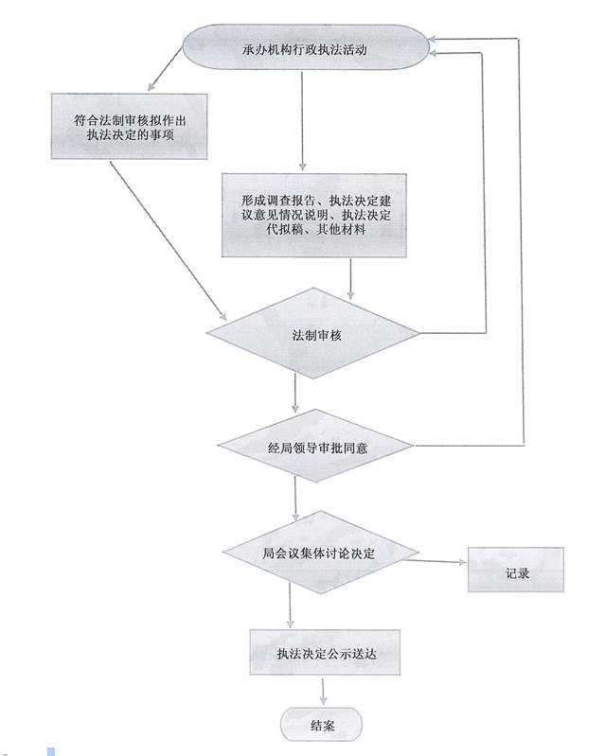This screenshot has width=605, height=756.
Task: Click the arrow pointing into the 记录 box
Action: pyautogui.click(x=440, y=562)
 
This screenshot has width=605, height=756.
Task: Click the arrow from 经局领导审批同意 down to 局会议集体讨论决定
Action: pyautogui.click(x=296, y=497)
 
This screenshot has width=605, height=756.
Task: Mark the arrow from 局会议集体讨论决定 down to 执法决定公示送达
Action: pyautogui.click(x=290, y=606)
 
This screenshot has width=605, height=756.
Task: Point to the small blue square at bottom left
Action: pyautogui.click(x=51, y=750)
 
